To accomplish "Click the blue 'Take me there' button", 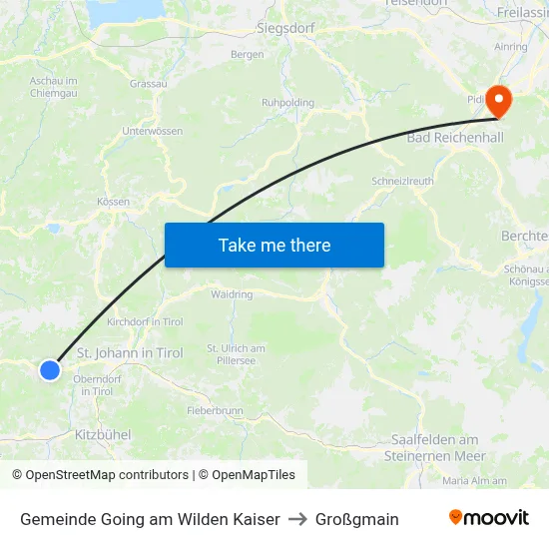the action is pyautogui.click(x=274, y=245).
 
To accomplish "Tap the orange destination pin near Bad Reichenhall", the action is pyautogui.click(x=496, y=100).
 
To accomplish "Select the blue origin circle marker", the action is pyautogui.click(x=50, y=370).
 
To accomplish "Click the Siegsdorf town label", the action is pyautogui.click(x=285, y=28).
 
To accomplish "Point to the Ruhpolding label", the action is pyautogui.click(x=287, y=103).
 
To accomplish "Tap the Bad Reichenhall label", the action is pyautogui.click(x=456, y=137).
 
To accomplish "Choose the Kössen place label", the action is pyautogui.click(x=113, y=202).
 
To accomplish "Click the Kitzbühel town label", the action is pyautogui.click(x=103, y=435).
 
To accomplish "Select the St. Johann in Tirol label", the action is pyautogui.click(x=130, y=353).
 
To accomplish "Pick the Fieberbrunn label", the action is pyautogui.click(x=215, y=410).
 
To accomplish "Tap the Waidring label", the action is pyautogui.click(x=232, y=294).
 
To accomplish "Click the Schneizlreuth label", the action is pyautogui.click(x=401, y=182).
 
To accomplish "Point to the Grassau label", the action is pyautogui.click(x=149, y=84).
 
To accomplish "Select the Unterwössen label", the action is pyautogui.click(x=152, y=131).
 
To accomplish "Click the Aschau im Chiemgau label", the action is pyautogui.click(x=54, y=86).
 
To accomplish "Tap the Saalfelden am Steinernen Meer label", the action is pyautogui.click(x=436, y=447).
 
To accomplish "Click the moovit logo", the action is pyautogui.click(x=489, y=518).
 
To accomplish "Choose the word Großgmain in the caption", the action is pyautogui.click(x=356, y=519).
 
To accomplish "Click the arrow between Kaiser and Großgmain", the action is pyautogui.click(x=297, y=519).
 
